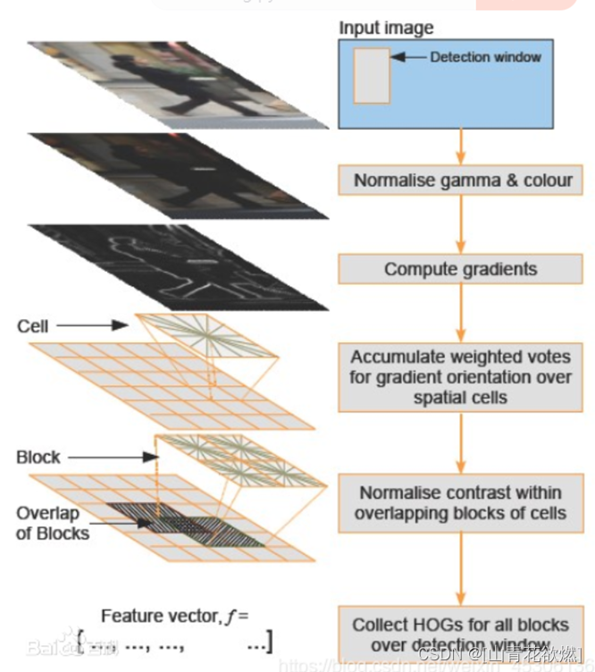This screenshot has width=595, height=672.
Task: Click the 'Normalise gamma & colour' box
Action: pyautogui.click(x=462, y=180)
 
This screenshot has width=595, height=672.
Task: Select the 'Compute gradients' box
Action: pyautogui.click(x=461, y=268)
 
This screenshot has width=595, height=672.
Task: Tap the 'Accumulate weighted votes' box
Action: pyautogui.click(x=461, y=375)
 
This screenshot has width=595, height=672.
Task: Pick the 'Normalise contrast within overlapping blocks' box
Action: pyautogui.click(x=461, y=502)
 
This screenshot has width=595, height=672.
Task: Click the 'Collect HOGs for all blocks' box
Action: pyautogui.click(x=461, y=633)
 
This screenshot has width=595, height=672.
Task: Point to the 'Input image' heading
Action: pyautogui.click(x=386, y=28)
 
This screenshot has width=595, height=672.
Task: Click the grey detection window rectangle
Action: pyautogui.click(x=372, y=76)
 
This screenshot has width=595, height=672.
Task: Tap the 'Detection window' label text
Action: pyautogui.click(x=485, y=57)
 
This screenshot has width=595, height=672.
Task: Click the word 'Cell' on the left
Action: pyautogui.click(x=32, y=326)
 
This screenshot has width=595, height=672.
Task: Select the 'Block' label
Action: pyautogui.click(x=38, y=457)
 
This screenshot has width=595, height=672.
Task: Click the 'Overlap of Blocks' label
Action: pyautogui.click(x=53, y=523)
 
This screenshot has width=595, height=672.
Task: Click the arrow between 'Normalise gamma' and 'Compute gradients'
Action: pyautogui.click(x=461, y=224)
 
